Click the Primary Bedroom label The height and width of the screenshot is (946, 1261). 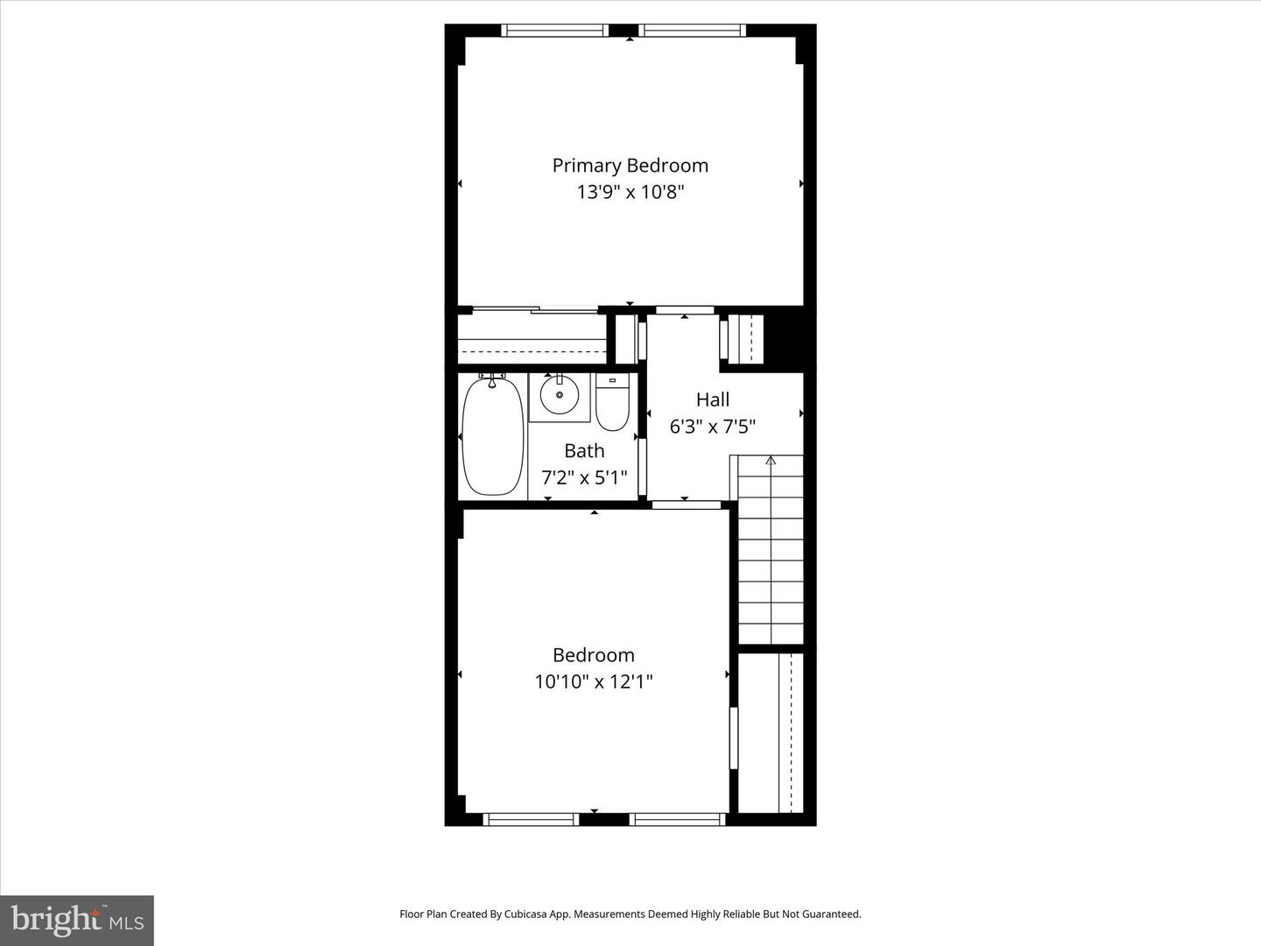pyautogui.click(x=630, y=166)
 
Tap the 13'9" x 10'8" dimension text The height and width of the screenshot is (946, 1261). pyautogui.click(x=630, y=192)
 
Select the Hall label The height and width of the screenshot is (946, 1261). pyautogui.click(x=713, y=399)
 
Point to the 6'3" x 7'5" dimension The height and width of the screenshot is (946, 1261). pyautogui.click(x=713, y=427)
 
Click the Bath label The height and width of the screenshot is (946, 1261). pyautogui.click(x=584, y=450)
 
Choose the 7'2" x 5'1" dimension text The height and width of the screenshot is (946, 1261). pyautogui.click(x=584, y=477)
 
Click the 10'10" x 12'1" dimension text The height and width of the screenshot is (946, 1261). pyautogui.click(x=594, y=681)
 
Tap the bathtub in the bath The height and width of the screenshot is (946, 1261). pyautogui.click(x=493, y=438)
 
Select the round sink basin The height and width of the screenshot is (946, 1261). pyautogui.click(x=560, y=396)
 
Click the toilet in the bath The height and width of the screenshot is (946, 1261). pyautogui.click(x=612, y=404)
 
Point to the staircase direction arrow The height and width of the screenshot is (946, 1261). pyautogui.click(x=771, y=460)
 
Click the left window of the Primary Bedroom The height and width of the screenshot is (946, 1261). pyautogui.click(x=554, y=31)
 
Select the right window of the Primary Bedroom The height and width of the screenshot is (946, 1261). pyautogui.click(x=693, y=31)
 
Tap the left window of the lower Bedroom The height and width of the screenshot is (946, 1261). pyautogui.click(x=531, y=819)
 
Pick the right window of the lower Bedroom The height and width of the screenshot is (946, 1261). pyautogui.click(x=677, y=819)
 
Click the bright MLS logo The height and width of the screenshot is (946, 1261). pyautogui.click(x=77, y=920)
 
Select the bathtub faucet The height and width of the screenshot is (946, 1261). pyautogui.click(x=492, y=378)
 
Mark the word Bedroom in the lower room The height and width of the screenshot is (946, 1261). pyautogui.click(x=594, y=655)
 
